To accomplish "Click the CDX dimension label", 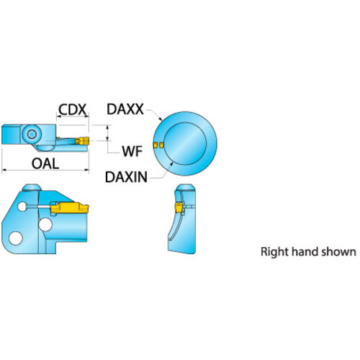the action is point(72,109).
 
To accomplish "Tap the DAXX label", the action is point(125,109).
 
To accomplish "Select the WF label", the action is point(132,151).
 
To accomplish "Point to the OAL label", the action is point(45,163).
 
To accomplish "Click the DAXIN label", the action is point(126,177).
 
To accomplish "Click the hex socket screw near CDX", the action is point(32,134).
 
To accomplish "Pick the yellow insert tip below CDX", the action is point(82,141).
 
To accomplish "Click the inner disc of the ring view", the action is point(185,144).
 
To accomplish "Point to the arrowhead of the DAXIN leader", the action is point(171,163).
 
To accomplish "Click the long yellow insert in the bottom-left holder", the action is point(69,208).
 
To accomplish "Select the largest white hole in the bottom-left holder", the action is point(16,238).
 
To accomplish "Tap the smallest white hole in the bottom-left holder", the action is point(22,207).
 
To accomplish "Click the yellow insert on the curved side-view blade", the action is point(179,208).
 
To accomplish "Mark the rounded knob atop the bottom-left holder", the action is point(31,187).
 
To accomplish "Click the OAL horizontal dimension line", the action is point(45,170).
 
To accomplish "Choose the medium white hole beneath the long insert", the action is point(45,225).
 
